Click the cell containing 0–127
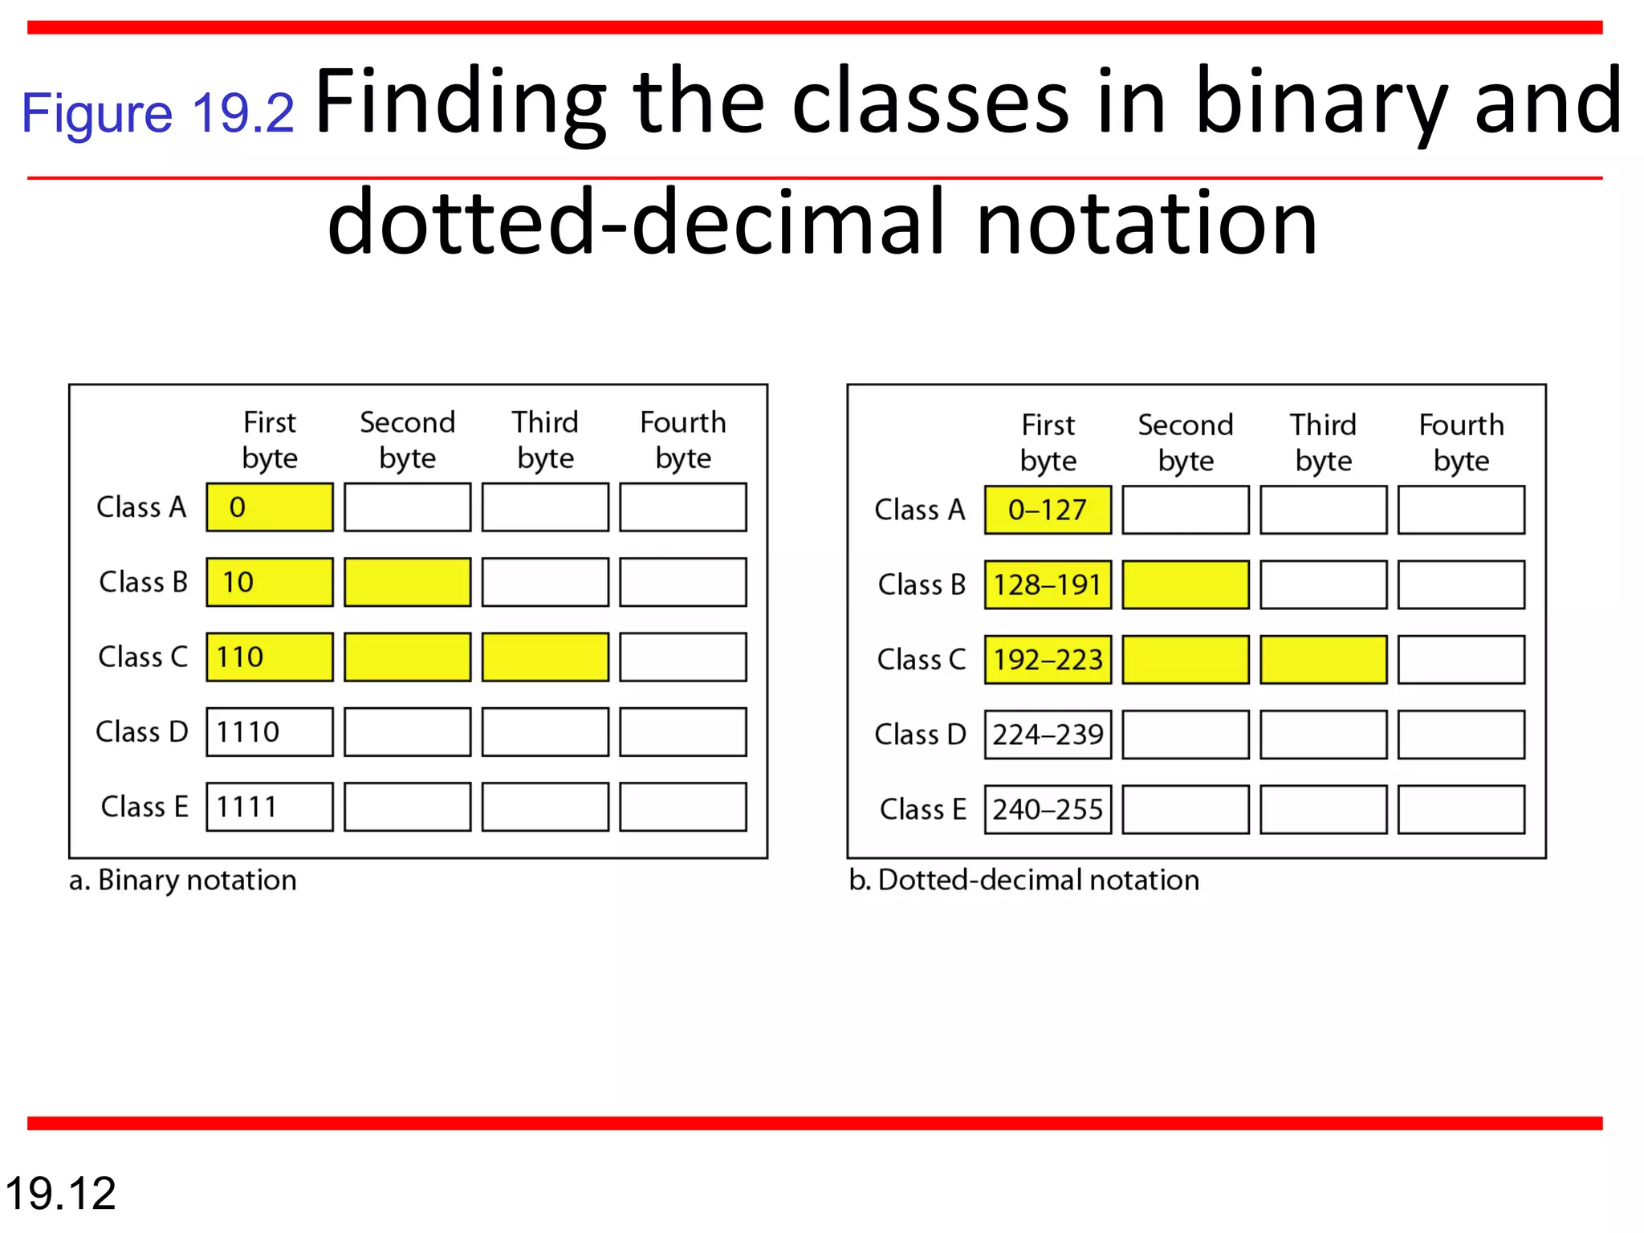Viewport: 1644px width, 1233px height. point(1048,510)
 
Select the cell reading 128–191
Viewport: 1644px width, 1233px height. point(1048,584)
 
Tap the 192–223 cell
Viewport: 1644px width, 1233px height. point(1048,659)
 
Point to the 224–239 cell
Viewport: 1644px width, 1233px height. point(1048,734)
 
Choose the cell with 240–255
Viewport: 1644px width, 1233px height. point(1048,809)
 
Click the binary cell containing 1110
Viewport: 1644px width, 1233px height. point(270,731)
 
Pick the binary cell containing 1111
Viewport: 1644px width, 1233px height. point(270,806)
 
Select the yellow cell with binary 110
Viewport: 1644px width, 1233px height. point(270,657)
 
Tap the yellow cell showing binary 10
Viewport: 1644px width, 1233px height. point(270,582)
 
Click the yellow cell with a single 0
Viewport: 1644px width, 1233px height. point(270,507)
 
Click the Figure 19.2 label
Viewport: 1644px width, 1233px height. point(157,112)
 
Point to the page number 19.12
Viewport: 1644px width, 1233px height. point(61,1193)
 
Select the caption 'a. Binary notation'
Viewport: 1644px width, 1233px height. point(183,881)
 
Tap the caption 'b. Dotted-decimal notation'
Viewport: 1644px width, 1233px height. point(1024,881)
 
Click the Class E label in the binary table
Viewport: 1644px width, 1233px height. point(144,807)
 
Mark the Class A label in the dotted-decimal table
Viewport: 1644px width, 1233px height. point(920,510)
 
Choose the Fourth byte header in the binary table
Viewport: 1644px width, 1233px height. point(683,440)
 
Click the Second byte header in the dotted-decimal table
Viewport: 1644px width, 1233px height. point(1186,442)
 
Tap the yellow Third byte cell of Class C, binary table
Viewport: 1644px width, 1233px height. point(545,657)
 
